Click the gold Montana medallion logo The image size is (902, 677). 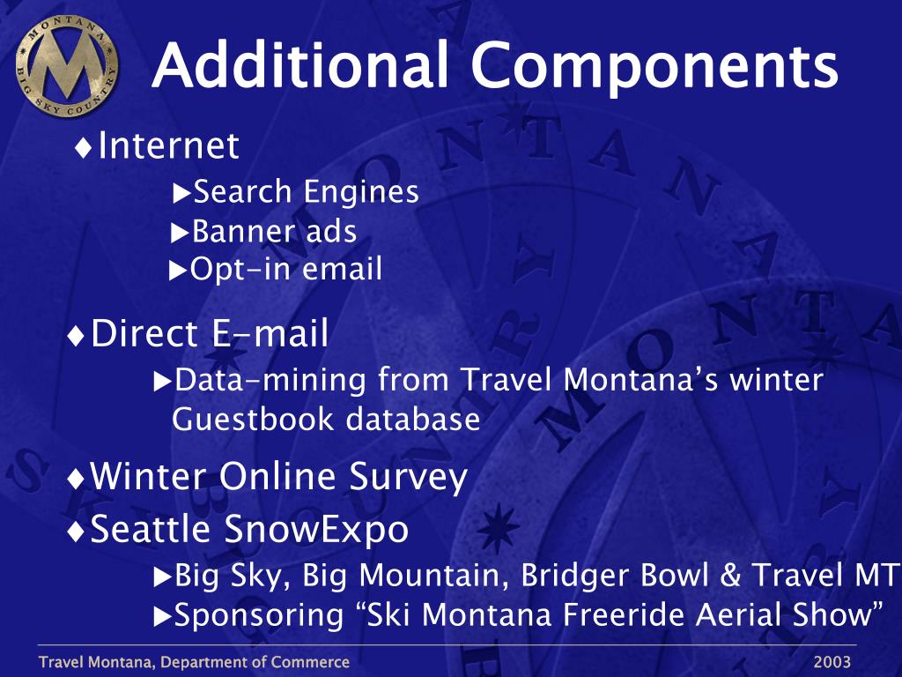coord(67,66)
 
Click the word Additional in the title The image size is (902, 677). coord(299,64)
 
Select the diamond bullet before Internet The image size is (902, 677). coord(84,148)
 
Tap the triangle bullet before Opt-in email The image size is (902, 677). coord(177,271)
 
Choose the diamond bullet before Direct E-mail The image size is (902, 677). coord(76,336)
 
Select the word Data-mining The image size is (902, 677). coord(270,381)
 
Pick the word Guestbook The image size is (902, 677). coord(253,419)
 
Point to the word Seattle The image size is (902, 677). coord(150,528)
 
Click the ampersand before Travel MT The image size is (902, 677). coord(730,575)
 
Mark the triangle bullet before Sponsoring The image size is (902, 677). coord(162,618)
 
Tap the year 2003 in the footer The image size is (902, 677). coord(832,662)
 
